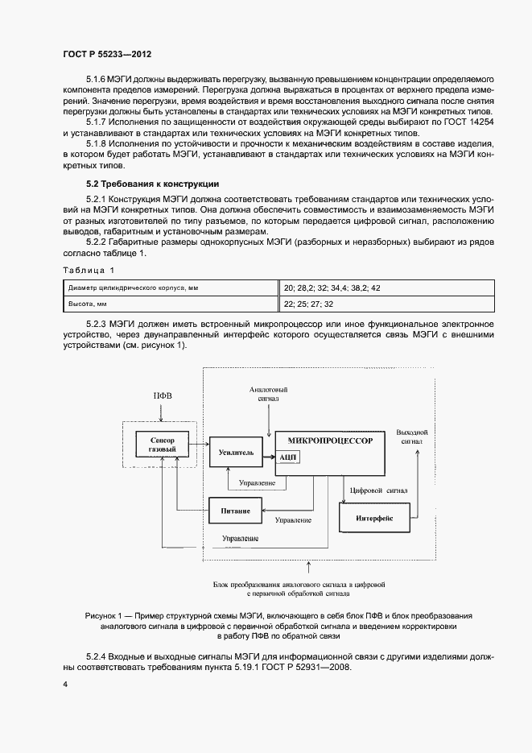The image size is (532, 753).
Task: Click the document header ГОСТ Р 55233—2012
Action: (106, 53)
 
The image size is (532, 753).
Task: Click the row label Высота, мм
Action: (88, 304)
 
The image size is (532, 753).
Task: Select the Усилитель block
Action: (236, 453)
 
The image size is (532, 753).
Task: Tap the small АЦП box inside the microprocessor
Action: (288, 456)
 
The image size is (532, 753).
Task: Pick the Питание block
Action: (236, 511)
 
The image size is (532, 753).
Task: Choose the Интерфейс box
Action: (373, 518)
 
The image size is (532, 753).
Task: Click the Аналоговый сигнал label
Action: (270, 394)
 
